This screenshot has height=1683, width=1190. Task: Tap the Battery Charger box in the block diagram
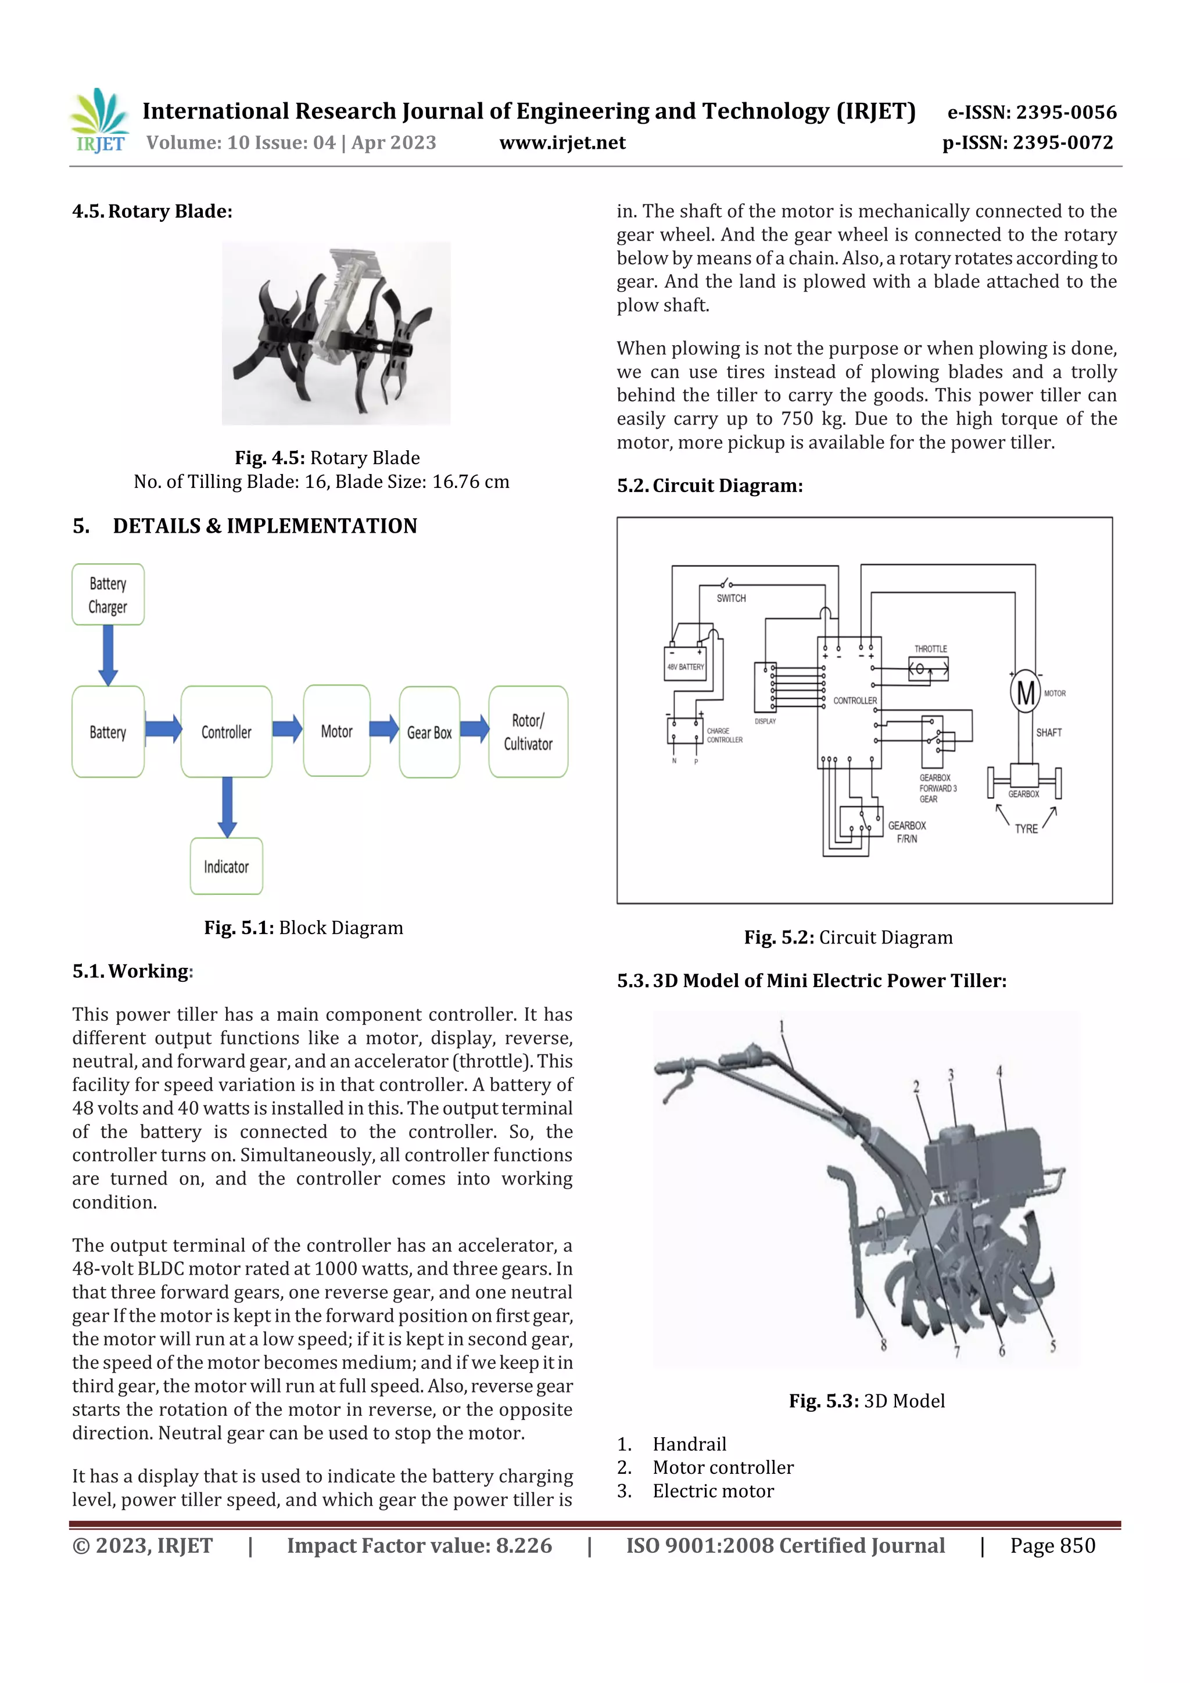(x=107, y=594)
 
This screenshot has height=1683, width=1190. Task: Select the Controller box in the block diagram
(x=226, y=731)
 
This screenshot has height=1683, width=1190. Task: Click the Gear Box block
(x=429, y=732)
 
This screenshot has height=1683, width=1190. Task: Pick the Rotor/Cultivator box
(x=528, y=731)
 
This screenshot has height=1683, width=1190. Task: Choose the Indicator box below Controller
(x=226, y=866)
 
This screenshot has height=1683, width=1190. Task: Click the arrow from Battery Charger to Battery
(x=107, y=655)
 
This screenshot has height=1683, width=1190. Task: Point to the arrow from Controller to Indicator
(x=227, y=807)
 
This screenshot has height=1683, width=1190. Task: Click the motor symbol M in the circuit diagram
(x=1025, y=692)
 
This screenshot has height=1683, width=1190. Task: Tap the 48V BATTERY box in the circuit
(x=685, y=666)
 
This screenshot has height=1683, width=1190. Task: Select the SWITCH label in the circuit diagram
(x=731, y=598)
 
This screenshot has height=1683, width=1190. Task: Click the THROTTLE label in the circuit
(x=930, y=649)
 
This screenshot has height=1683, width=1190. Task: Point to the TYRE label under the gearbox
(x=1026, y=828)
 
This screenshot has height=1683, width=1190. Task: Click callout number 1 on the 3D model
(x=782, y=1026)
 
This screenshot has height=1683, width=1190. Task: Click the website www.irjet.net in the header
(x=562, y=143)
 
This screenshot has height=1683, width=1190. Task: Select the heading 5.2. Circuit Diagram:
(x=709, y=486)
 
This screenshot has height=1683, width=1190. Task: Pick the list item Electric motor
(x=713, y=1491)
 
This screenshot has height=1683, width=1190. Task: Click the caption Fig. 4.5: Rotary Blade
(x=327, y=458)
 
